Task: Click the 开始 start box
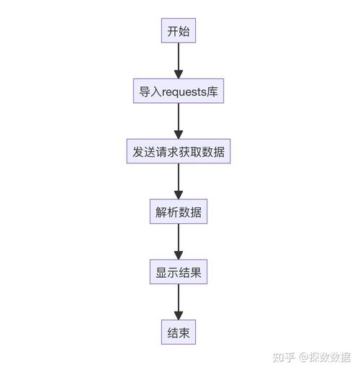pos(179,32)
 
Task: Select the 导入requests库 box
pos(179,92)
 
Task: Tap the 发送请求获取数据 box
pos(179,153)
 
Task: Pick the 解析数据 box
pos(179,213)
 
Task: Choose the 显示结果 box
pos(179,273)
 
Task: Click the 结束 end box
pos(179,334)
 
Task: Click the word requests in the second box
pos(185,92)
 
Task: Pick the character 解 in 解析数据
pos(161,213)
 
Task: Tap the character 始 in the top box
pos(185,32)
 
